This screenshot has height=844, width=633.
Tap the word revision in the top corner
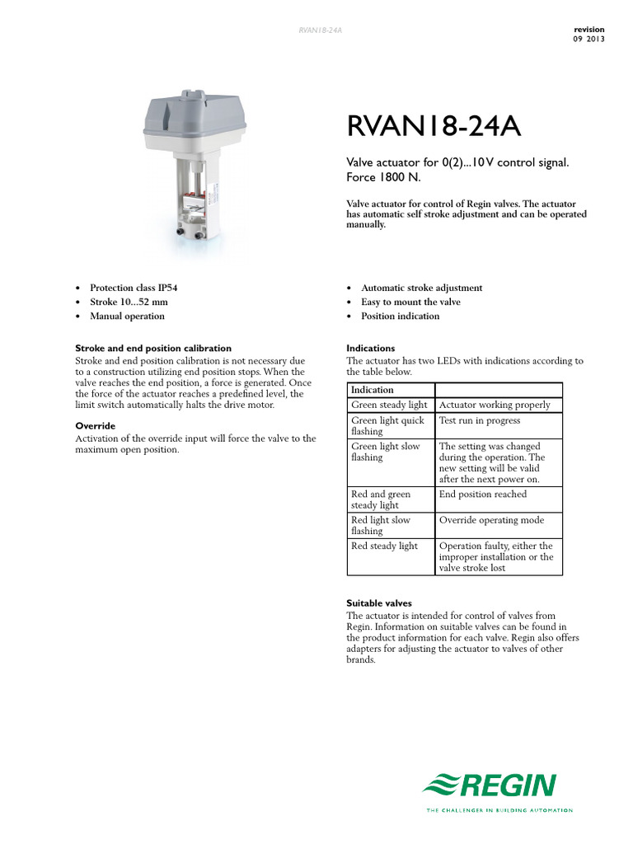[x=588, y=30]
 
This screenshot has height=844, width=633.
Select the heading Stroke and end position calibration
[x=153, y=349]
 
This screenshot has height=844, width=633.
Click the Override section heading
[x=96, y=426]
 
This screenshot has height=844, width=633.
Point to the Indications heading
[x=371, y=349]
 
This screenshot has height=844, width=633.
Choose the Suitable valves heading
[x=379, y=603]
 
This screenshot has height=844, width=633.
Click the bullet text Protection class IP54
[x=134, y=288]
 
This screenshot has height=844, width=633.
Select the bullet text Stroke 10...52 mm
[x=129, y=302]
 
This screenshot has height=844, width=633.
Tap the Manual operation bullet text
[x=127, y=316]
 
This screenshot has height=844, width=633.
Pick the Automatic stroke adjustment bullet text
[x=422, y=288]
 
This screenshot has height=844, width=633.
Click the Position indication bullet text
[x=401, y=316]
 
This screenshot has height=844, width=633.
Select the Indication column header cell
[x=373, y=390]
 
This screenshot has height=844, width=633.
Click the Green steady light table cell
[x=390, y=405]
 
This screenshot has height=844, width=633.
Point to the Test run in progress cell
[x=480, y=420]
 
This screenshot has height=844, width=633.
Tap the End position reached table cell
[x=483, y=495]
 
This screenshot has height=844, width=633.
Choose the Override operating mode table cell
[x=492, y=520]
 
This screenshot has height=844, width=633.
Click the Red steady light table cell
[x=385, y=546]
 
